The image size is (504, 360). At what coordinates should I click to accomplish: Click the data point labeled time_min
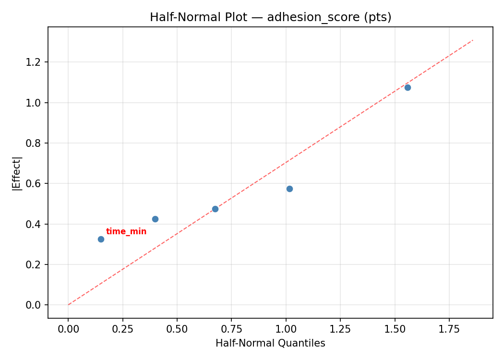pyautogui.click(x=101, y=239)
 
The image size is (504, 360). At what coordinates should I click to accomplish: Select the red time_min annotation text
pyautogui.click(x=126, y=232)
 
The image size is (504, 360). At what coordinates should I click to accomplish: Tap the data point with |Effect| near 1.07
pyautogui.click(x=408, y=87)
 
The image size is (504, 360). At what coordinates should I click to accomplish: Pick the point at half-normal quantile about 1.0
pyautogui.click(x=289, y=189)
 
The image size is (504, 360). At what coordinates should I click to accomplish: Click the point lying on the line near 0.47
pyautogui.click(x=215, y=209)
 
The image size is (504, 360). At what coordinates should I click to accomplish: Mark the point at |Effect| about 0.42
pyautogui.click(x=155, y=219)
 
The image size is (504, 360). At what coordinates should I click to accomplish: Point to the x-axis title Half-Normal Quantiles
pyautogui.click(x=270, y=343)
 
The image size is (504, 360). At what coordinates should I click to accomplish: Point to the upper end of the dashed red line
pyautogui.click(x=473, y=40)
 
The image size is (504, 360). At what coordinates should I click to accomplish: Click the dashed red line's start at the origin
pyautogui.click(x=68, y=305)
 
